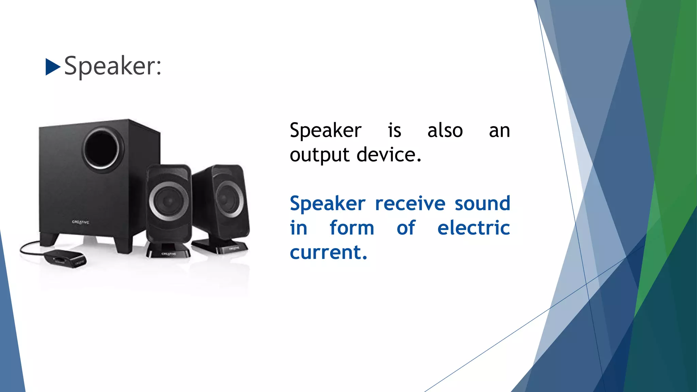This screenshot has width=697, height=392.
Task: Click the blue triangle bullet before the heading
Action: click(52, 67)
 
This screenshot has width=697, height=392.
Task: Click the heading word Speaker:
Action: click(113, 66)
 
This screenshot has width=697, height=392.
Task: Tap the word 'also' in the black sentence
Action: click(445, 131)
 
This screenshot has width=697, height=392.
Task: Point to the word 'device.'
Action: click(389, 155)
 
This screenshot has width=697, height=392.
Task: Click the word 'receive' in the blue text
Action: click(410, 203)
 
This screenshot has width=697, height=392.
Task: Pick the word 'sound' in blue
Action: click(482, 203)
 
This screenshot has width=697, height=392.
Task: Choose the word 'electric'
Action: click(473, 228)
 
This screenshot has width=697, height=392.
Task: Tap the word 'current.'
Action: click(328, 252)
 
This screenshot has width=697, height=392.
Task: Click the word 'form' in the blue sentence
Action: click(352, 228)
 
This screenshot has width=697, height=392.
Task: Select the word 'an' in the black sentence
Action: click(499, 131)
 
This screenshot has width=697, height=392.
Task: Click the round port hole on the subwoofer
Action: click(102, 150)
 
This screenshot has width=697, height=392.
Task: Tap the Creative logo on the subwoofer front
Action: click(81, 222)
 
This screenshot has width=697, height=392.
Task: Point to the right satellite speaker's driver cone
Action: click(229, 199)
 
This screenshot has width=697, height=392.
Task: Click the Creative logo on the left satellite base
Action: click(168, 254)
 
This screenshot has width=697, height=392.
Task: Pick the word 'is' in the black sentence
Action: click(394, 131)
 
